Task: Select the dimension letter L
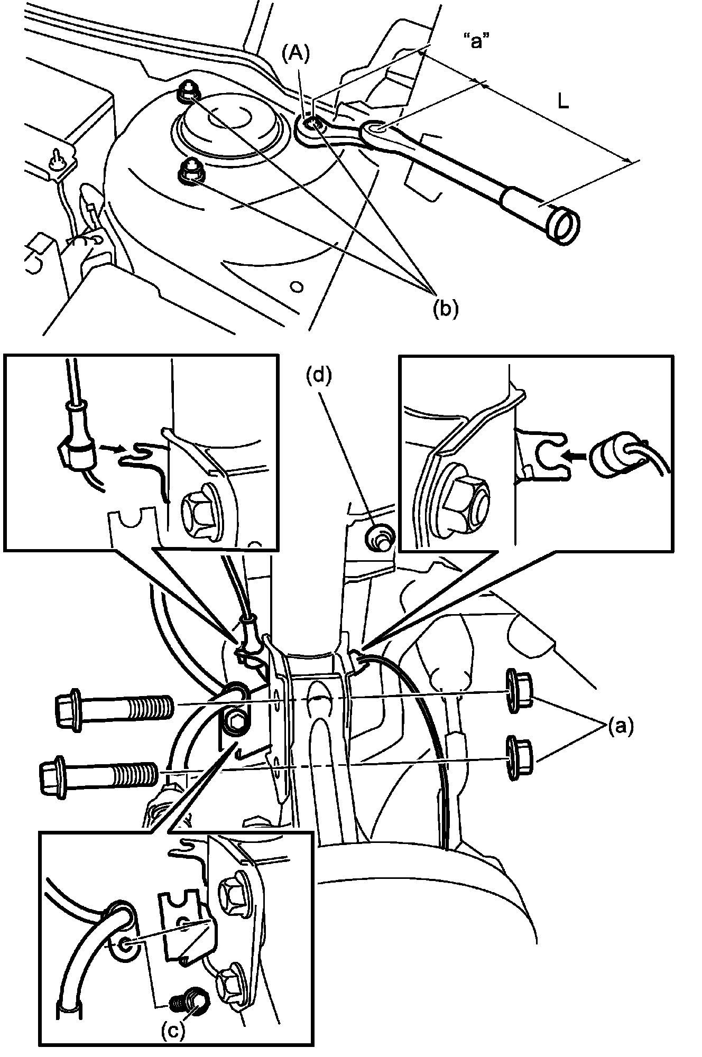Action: (564, 101)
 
